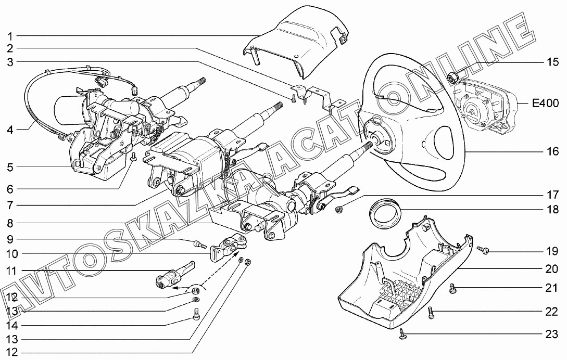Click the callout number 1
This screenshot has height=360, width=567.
10,36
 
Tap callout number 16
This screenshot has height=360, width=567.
552,152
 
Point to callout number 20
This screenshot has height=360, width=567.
552,269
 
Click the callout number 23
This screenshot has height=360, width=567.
552,333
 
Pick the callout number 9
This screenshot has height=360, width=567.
10,240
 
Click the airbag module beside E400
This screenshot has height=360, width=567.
479,107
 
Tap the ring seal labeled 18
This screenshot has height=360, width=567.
385,213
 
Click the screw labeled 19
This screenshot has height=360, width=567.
484,251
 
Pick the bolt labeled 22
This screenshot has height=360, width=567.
431,313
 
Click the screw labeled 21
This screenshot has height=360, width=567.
452,288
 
